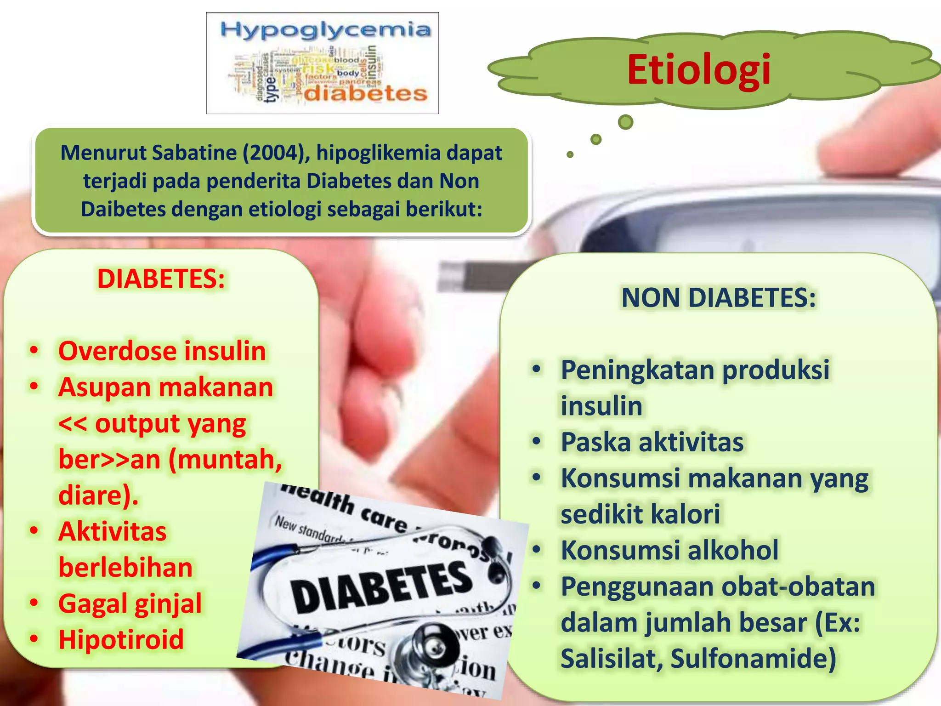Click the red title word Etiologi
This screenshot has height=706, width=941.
(699, 70)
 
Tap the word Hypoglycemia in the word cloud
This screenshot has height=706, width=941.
(325, 30)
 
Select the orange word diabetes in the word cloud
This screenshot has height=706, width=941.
(366, 94)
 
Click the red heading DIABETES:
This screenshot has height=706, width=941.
(161, 279)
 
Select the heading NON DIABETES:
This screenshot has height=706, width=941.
(718, 297)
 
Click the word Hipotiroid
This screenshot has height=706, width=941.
(121, 639)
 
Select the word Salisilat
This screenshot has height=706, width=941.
(612, 658)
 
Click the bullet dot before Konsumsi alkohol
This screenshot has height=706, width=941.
(536, 549)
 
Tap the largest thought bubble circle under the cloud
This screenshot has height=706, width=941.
(625, 122)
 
